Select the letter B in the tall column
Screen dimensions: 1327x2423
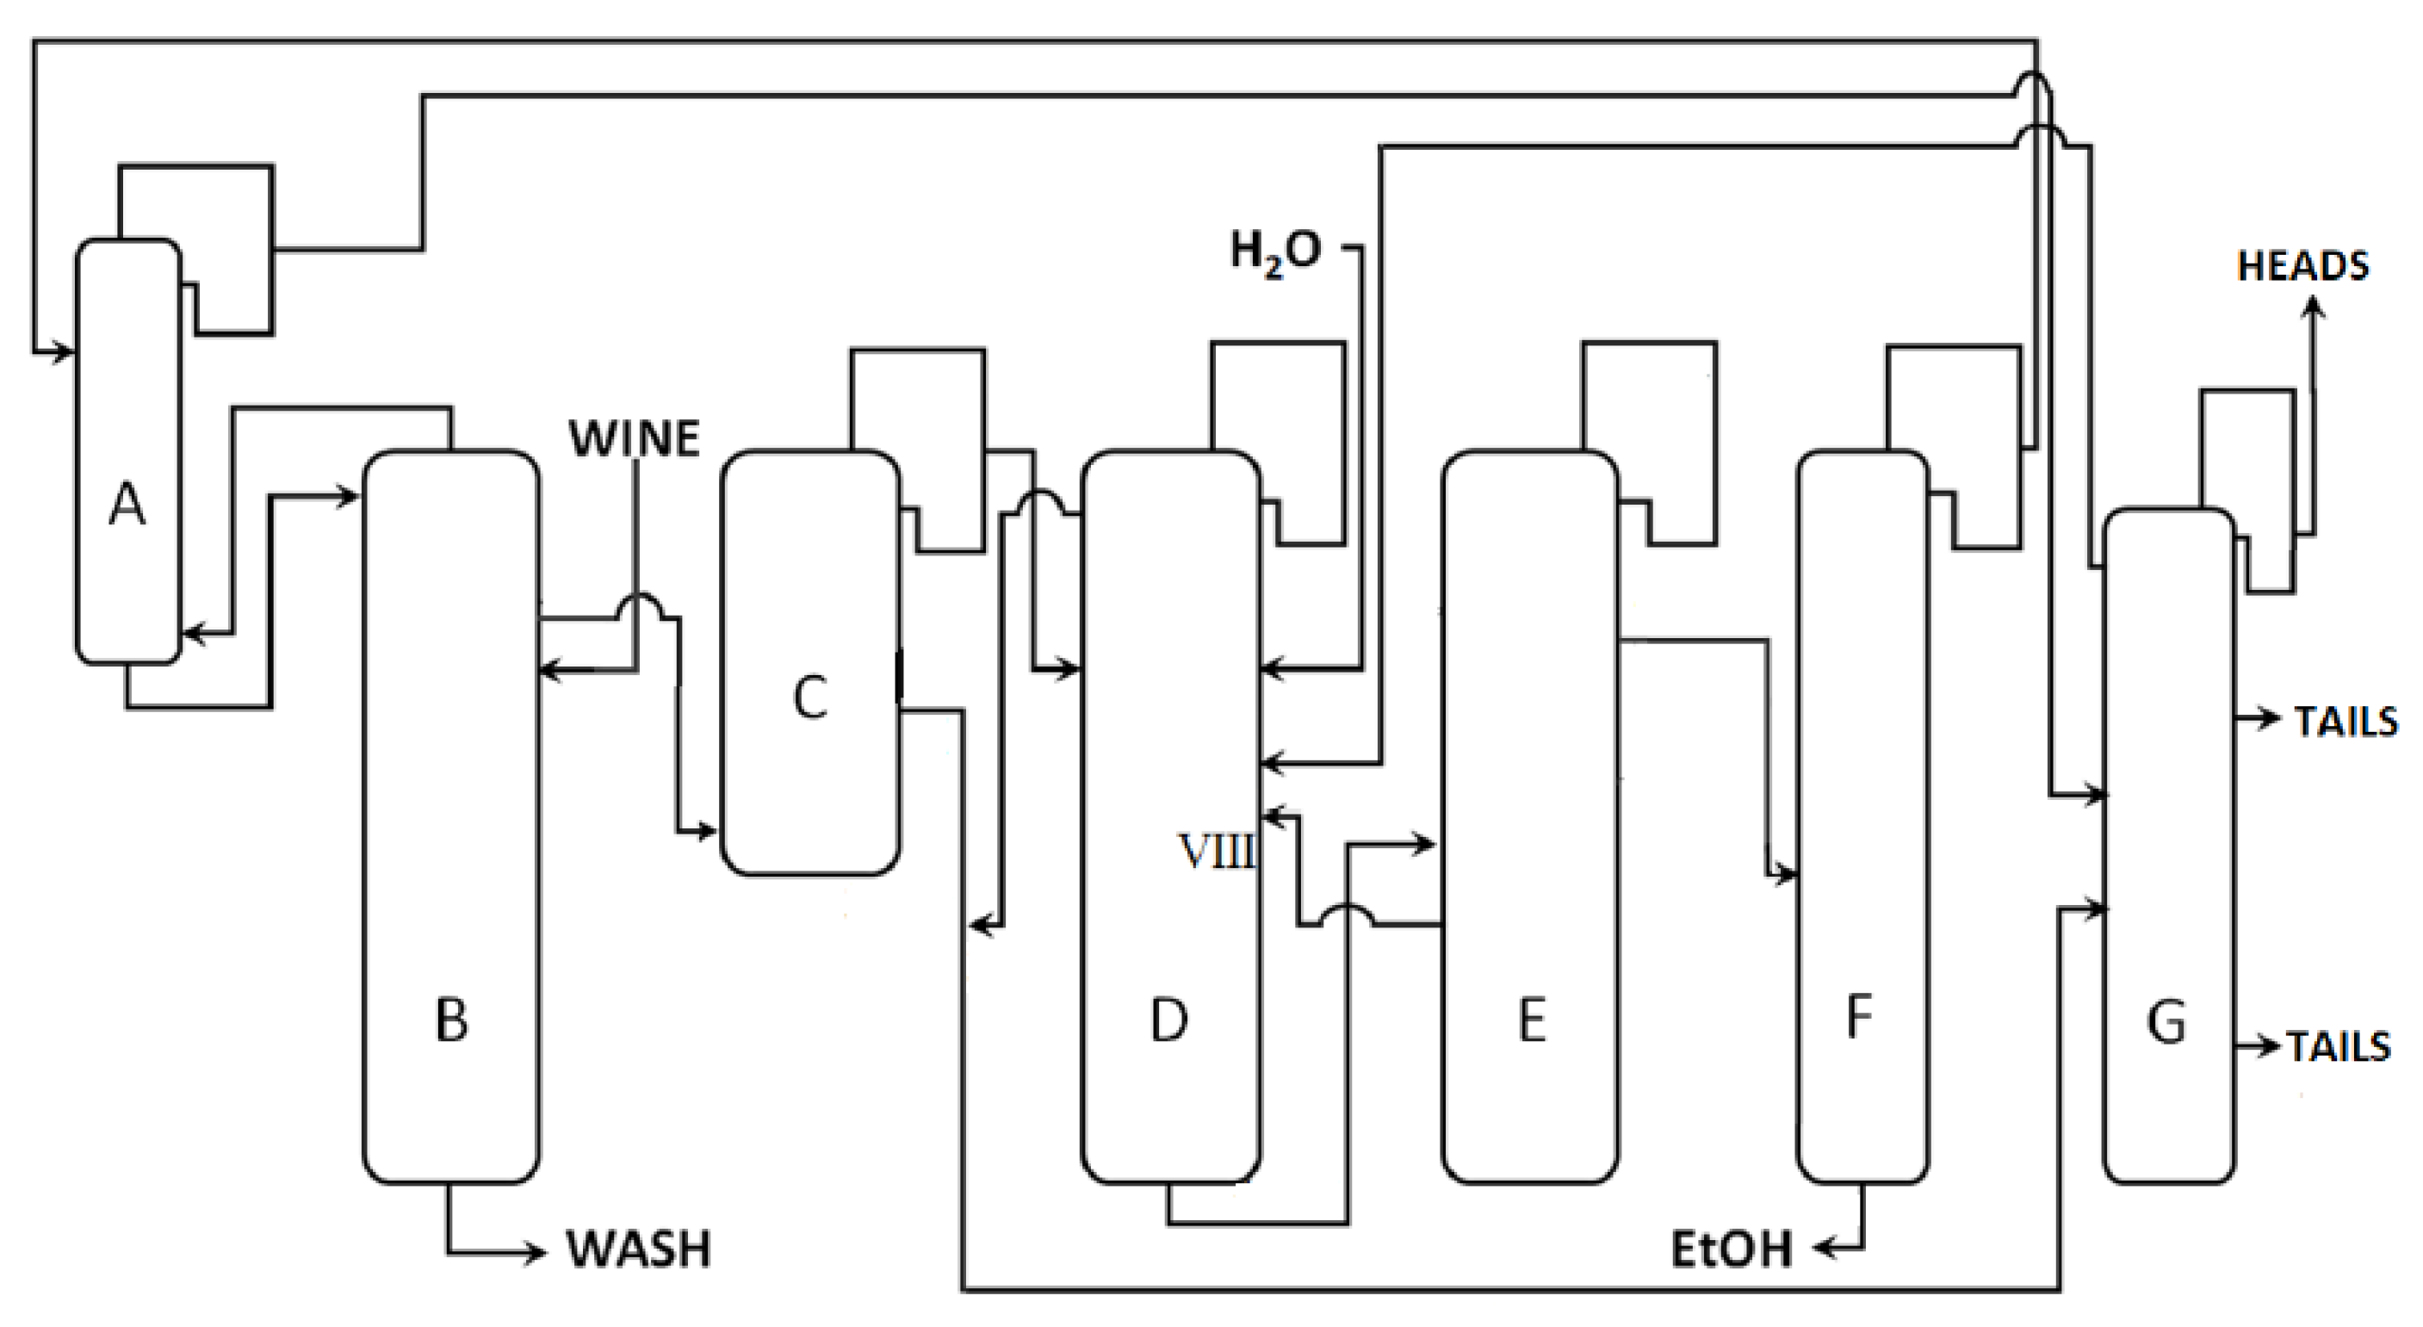[x=451, y=1020]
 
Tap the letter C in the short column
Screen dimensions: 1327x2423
[x=810, y=698]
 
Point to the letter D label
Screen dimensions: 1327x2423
[x=1169, y=1020]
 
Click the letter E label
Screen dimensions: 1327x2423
[x=1531, y=1020]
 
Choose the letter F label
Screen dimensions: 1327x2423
[x=1859, y=1017]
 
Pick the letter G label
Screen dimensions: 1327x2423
[x=2166, y=1022]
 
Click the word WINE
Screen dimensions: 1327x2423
[x=635, y=439]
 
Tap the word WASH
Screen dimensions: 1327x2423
[x=639, y=1249]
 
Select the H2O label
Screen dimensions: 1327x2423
[x=1275, y=252]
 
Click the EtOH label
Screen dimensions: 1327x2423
[x=1731, y=1249]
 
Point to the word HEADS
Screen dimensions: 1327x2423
[x=2302, y=267]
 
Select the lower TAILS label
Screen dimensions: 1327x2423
[x=2339, y=1047]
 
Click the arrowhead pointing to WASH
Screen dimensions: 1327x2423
[x=536, y=1253]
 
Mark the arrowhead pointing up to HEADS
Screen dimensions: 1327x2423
[x=2313, y=307]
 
